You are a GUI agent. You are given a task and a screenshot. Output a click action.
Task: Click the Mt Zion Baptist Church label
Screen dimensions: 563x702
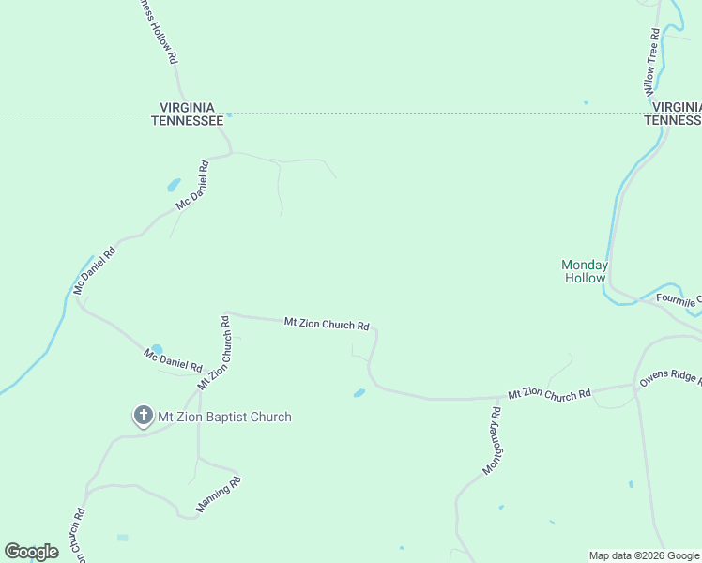(224, 417)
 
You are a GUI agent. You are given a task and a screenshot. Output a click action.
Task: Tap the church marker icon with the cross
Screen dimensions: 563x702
(143, 416)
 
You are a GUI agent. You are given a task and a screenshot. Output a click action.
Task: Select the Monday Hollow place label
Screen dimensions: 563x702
(585, 271)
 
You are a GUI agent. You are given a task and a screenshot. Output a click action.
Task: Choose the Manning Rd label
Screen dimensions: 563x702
(219, 495)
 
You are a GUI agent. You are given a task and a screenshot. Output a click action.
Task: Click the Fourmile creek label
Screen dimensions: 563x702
(678, 299)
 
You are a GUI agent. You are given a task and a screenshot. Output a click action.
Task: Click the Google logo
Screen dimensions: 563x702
(31, 552)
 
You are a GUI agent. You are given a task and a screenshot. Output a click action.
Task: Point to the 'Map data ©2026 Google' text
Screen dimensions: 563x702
(645, 555)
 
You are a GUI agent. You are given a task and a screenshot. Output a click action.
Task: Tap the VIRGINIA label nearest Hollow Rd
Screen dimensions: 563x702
(188, 108)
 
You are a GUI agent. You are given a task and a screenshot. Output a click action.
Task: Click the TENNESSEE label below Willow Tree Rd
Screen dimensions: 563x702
(672, 120)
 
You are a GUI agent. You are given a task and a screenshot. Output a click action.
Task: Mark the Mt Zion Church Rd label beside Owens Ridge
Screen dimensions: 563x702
(550, 394)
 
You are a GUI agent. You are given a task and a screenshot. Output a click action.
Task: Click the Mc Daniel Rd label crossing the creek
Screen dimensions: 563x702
(95, 270)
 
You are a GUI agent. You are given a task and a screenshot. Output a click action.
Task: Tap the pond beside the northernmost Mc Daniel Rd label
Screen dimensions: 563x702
(174, 185)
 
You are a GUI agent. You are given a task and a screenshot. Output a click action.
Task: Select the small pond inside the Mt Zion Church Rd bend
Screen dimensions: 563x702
(359, 393)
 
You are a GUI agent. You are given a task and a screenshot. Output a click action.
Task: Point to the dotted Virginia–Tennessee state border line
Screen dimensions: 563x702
(422, 114)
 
